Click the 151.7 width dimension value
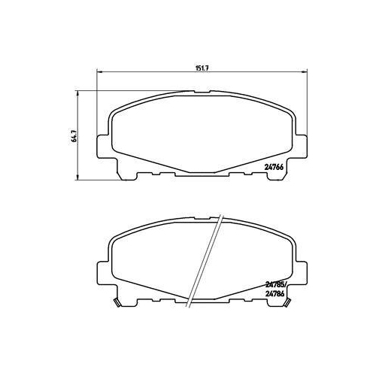click(203, 68)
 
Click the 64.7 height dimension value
click(74, 136)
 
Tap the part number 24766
click(274, 167)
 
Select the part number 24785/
click(275, 285)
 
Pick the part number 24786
click(274, 294)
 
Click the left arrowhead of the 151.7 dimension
click(99, 72)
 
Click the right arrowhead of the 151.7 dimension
click(305, 72)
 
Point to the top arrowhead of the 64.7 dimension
click(77, 94)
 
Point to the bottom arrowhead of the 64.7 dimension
click(77, 177)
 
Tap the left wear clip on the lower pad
click(117, 303)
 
